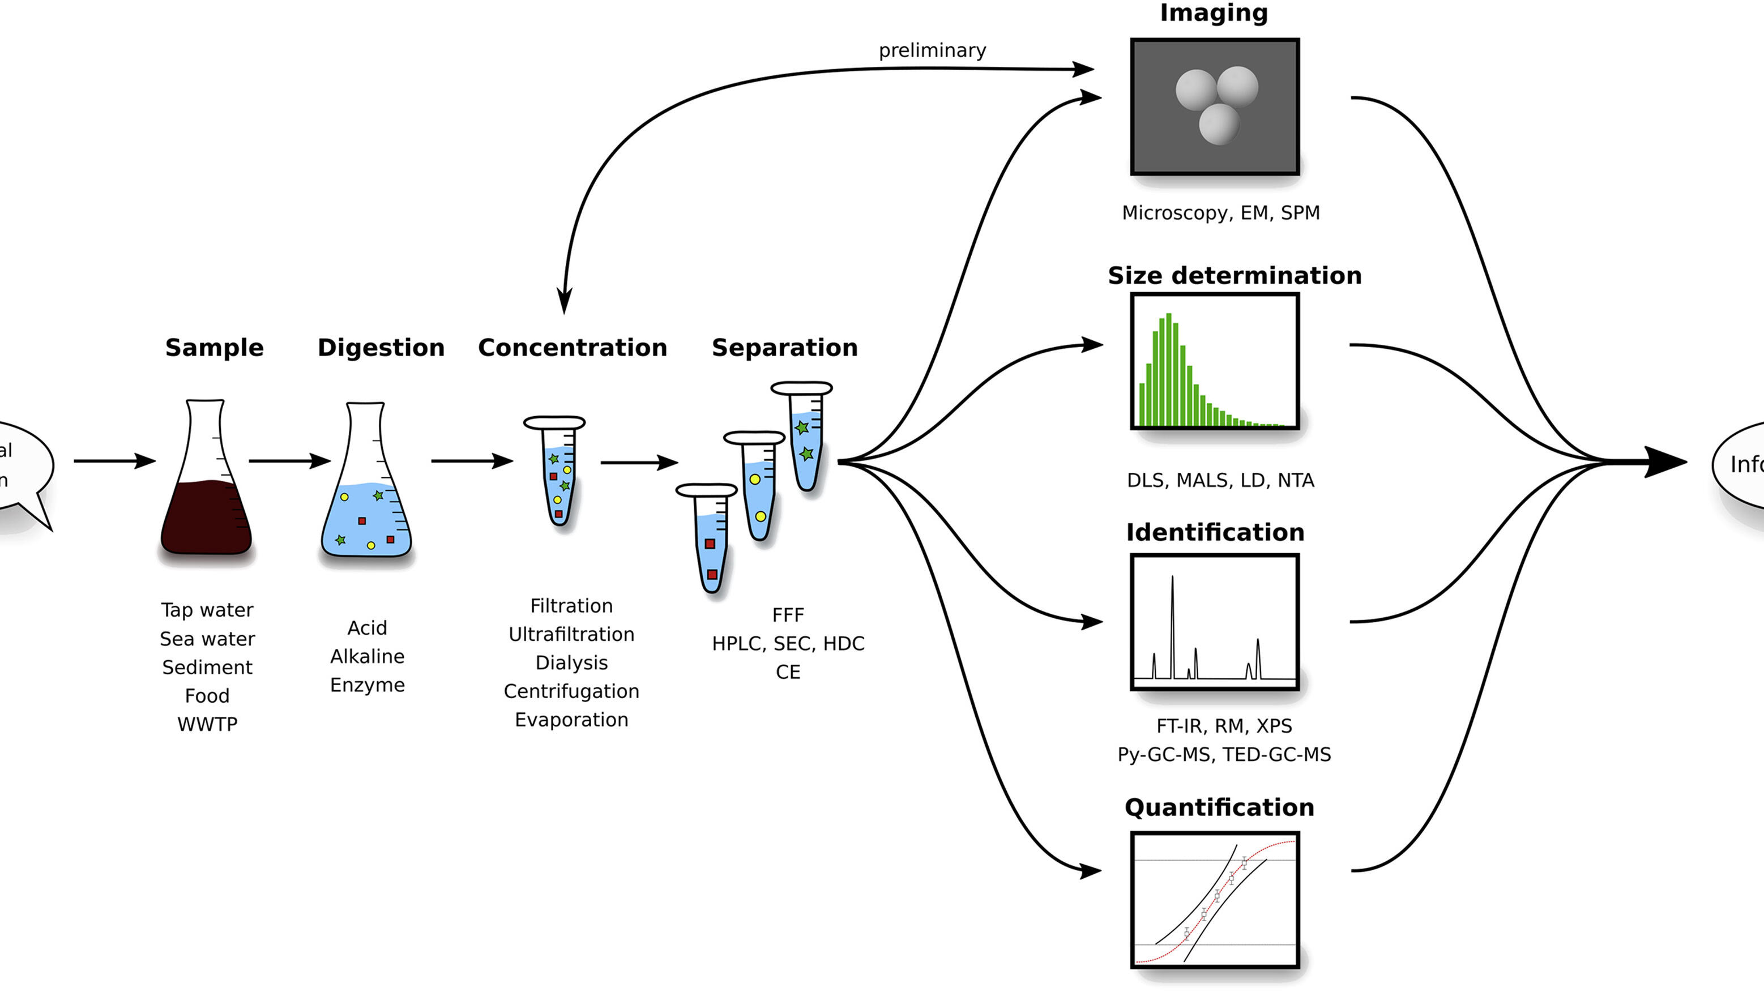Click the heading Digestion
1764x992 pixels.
[381, 348]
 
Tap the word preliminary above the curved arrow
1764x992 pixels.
[932, 50]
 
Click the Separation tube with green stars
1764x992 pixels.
[804, 438]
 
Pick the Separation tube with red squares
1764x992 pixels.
[710, 541]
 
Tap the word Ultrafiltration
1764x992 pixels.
[571, 635]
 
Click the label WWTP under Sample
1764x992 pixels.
[207, 724]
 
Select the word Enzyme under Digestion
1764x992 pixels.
[367, 685]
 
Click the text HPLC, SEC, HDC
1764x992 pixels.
[788, 644]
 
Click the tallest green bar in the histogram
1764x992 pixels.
[1169, 370]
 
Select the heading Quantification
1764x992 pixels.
[1219, 808]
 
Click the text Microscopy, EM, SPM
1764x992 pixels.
[1220, 213]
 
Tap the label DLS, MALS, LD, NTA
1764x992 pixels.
[1220, 481]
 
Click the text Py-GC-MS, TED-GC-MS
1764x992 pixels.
[1224, 754]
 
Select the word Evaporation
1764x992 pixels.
[571, 720]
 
